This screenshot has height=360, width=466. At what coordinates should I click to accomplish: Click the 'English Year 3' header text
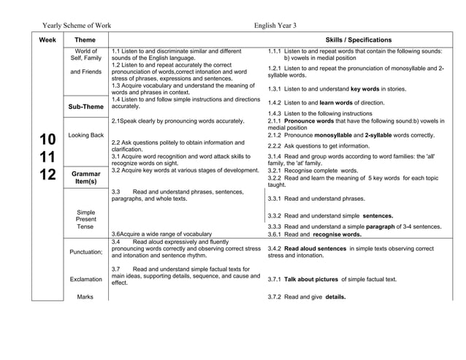pos(275,25)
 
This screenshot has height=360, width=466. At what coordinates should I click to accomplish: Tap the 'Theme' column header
pos(85,39)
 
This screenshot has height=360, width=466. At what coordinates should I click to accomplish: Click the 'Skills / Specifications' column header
pos(358,39)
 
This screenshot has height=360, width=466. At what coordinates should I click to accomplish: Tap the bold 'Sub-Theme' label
pos(85,107)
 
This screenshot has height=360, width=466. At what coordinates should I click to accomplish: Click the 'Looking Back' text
pos(85,135)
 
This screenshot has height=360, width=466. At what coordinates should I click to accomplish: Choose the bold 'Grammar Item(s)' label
pos(85,177)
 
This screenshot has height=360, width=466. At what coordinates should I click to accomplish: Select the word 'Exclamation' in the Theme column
pos(85,279)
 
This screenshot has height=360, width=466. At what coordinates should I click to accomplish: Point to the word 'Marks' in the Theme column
pos(85,296)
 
